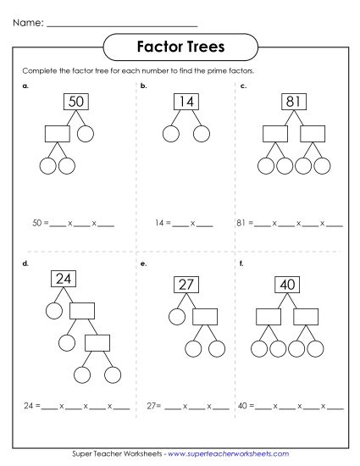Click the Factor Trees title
[180, 44]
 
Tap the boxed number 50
[76, 103]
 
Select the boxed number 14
[186, 103]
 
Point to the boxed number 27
[186, 285]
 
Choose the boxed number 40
[288, 285]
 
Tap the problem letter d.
[25, 264]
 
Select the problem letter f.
[241, 264]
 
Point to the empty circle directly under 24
[54, 310]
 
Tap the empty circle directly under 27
[176, 317]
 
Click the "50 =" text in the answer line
[37, 224]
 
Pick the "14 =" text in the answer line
[163, 224]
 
